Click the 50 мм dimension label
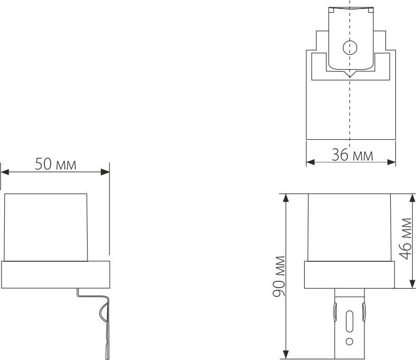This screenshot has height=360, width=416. (55, 164)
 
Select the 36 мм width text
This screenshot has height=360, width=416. (352, 155)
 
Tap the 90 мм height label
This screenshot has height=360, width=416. (280, 276)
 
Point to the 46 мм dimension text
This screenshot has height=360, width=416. (405, 238)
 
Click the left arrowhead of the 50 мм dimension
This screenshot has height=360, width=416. (5, 171)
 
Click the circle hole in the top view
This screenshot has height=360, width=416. (349, 48)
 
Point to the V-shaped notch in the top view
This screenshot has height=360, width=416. (349, 75)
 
